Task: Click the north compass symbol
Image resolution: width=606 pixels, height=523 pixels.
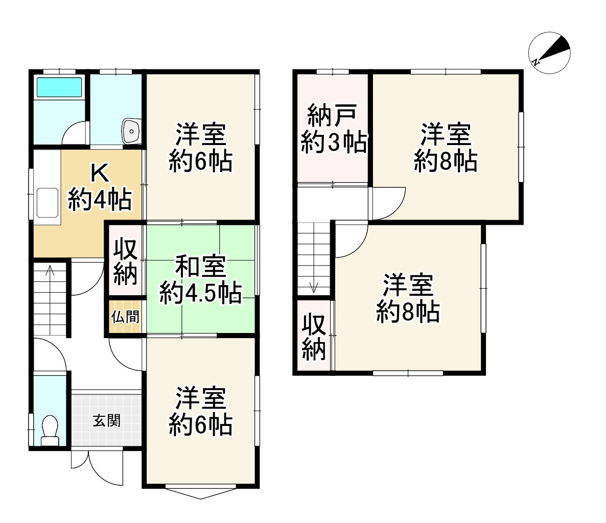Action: pos(549,53)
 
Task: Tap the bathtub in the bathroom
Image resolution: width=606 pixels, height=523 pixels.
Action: pos(59,88)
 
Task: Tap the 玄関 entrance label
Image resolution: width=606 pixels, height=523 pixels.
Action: pos(106,421)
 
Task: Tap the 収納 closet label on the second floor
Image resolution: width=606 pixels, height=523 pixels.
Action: pos(314,337)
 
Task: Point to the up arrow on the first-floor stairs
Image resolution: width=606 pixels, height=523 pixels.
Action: pos(50,271)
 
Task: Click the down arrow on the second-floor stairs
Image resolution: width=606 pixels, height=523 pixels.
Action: pos(314,287)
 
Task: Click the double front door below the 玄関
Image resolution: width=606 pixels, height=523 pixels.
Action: pos(97,467)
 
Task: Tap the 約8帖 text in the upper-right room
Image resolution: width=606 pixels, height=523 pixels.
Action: pos(446,162)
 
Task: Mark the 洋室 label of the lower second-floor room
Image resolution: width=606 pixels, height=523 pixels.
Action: pos(408,286)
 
